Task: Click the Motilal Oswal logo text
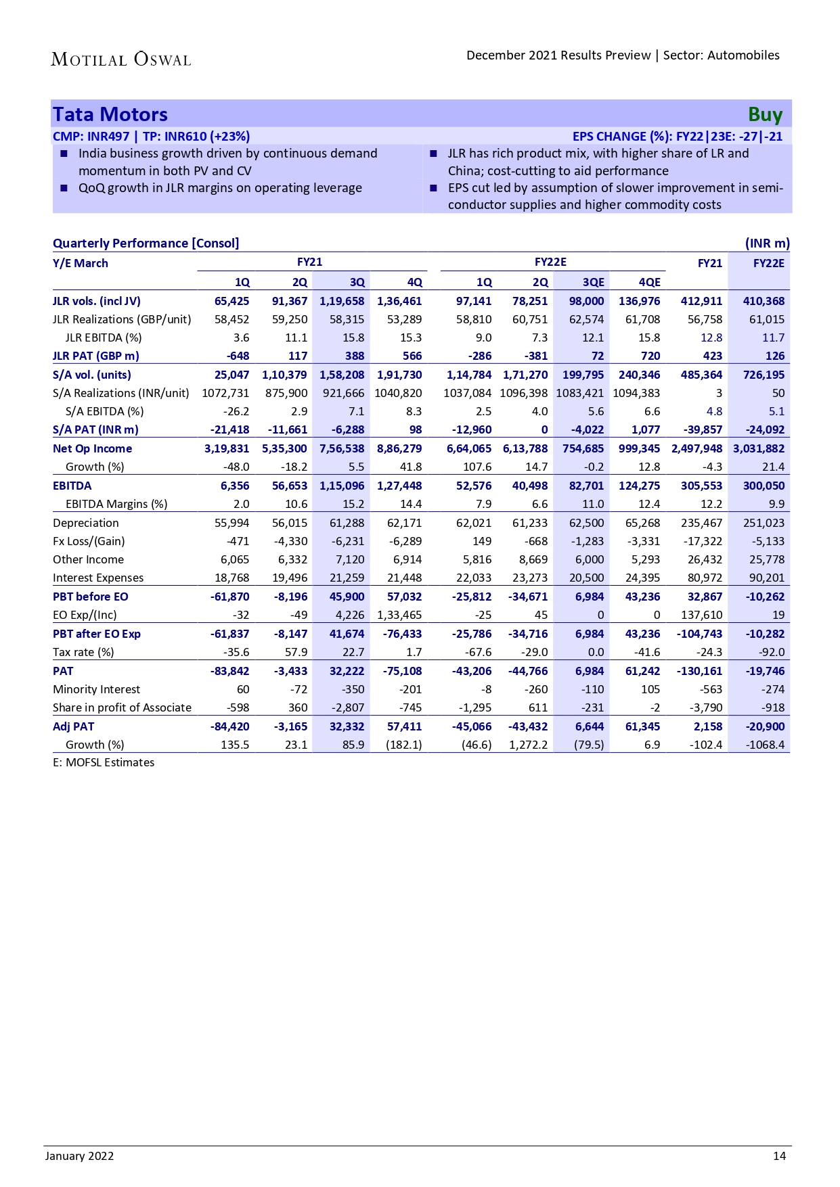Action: (121, 60)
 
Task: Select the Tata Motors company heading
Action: (110, 114)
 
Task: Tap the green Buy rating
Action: (765, 115)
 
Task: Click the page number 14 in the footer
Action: (779, 1156)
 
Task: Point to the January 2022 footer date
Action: (79, 1156)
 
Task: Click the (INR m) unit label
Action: (767, 243)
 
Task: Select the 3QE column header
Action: (593, 282)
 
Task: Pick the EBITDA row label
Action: (72, 486)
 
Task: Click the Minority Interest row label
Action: (96, 689)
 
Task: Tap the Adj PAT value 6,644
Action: (589, 726)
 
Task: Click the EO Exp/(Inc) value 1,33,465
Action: (399, 615)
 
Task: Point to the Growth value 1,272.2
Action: (528, 745)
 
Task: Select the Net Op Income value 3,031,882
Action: (759, 448)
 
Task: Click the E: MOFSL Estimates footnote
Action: (104, 762)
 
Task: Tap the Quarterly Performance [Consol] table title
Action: (146, 243)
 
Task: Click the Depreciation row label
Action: (85, 523)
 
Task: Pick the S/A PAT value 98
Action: (415, 429)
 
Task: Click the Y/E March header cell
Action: (80, 263)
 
